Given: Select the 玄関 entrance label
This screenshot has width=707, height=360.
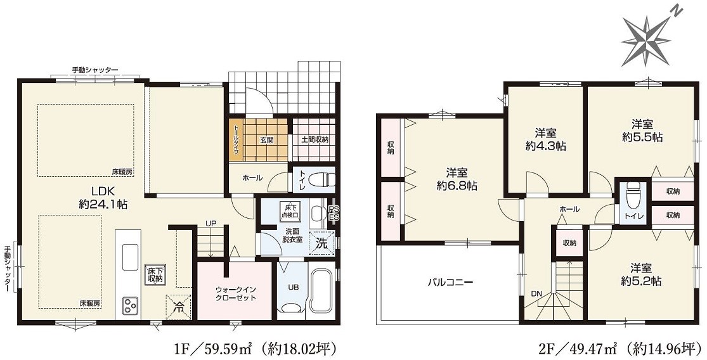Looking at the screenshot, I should pos(266,139).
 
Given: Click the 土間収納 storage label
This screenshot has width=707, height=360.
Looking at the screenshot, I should pos(314,139).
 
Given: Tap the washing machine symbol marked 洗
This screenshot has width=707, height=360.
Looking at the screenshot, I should pos(321,242).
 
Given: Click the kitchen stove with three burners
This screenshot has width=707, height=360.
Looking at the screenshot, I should pos(131,306).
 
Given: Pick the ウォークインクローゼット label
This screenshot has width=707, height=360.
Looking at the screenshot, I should pos(235,293).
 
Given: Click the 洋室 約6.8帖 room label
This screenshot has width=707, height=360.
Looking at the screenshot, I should pos(457,179).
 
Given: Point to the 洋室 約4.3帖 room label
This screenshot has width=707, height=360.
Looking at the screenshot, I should pos(545,139).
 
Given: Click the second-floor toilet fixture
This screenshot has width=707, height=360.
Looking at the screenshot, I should pos(631,197).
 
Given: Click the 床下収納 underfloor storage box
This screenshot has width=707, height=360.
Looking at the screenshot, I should pos(154,273).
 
